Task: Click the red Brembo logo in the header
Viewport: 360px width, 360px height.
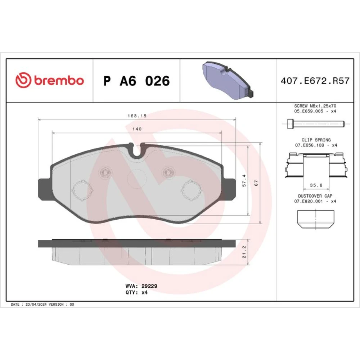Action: click(50, 80)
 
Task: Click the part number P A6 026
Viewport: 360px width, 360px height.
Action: click(136, 81)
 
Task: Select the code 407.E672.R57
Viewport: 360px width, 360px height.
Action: click(315, 81)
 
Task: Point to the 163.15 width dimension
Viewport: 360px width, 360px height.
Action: click(137, 116)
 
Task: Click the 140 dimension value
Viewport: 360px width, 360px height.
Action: click(137, 129)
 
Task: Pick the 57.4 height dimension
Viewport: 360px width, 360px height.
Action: click(244, 180)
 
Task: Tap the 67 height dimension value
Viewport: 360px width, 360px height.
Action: click(256, 183)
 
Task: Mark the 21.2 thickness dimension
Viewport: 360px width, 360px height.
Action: click(244, 252)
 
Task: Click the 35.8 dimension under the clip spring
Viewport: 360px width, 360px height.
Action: click(316, 185)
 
